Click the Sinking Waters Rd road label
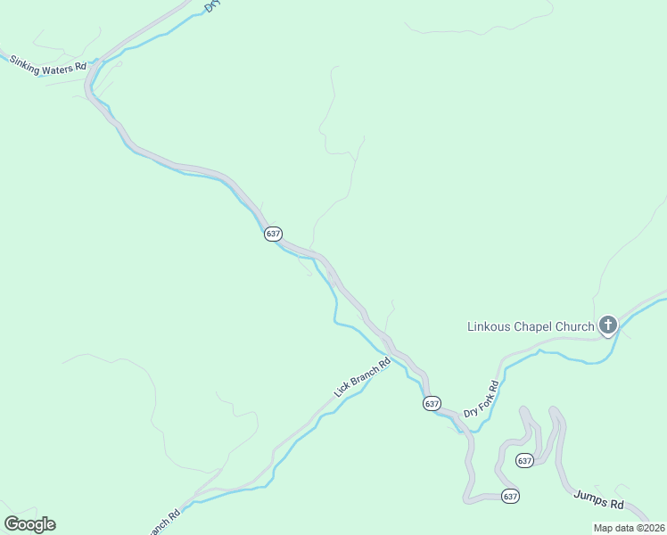[48, 65]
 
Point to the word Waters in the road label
[57, 67]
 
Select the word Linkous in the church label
[490, 326]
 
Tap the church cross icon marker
[608, 325]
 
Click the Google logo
[29, 524]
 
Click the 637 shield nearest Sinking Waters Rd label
[273, 234]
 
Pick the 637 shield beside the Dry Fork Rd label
[432, 403]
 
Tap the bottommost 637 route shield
[510, 496]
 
